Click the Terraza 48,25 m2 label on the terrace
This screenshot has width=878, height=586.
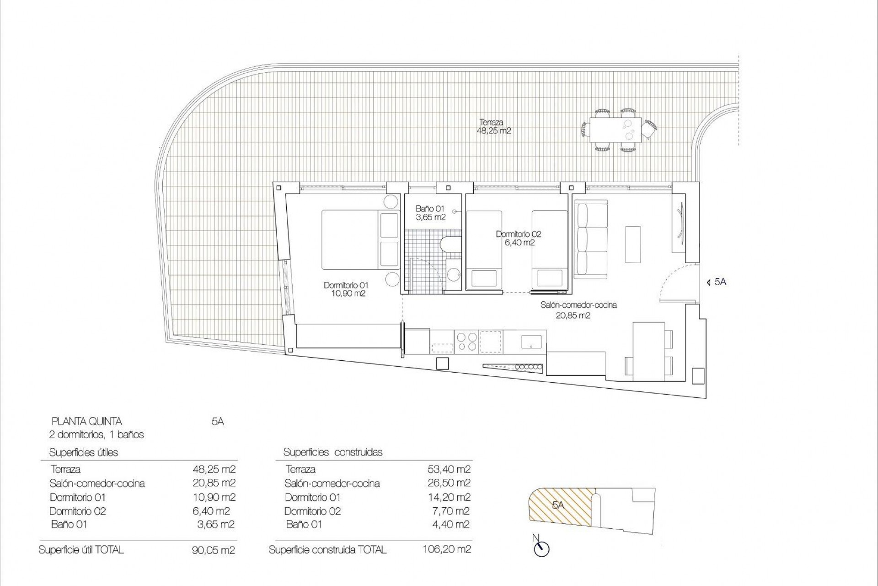pos(493,126)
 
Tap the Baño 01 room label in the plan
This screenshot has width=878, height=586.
pos(430,213)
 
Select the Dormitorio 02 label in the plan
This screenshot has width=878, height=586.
pos(518,238)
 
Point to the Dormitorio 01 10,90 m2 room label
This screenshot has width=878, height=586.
pos(345,289)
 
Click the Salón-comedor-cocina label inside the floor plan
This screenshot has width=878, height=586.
pos(578,309)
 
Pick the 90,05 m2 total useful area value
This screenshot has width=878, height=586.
pos(213,550)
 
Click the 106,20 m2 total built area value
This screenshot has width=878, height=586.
pos(447,549)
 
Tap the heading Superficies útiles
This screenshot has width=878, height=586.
pos(83,452)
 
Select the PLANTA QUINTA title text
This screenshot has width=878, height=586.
pos(86,421)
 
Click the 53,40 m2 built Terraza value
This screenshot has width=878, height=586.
pos(448,469)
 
